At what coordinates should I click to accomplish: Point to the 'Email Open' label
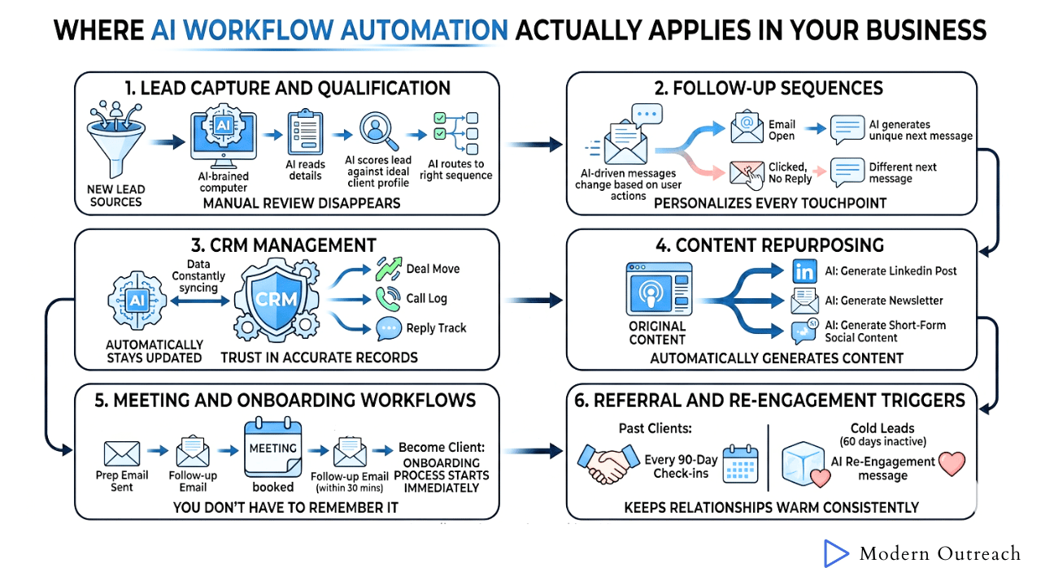pos(782,131)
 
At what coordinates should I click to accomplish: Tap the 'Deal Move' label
pos(433,269)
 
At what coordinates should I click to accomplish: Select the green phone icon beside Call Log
pos(387,298)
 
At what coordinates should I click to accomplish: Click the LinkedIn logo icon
pos(805,271)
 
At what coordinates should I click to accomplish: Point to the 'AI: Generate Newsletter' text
pos(884,301)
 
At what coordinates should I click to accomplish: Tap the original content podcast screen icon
pos(659,290)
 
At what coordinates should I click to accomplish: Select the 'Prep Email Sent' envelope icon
pos(122,453)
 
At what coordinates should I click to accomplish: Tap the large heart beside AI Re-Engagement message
pos(952,463)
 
